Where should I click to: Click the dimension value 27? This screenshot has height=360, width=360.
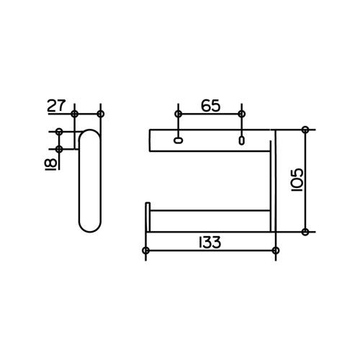pos(56,106)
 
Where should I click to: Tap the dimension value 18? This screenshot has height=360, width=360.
pos(51,164)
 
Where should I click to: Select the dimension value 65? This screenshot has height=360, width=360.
pos(210,106)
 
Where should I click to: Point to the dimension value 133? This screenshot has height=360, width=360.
pos(210,243)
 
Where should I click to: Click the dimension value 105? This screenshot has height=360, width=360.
pos(297,179)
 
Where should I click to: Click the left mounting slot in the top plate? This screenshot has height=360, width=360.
pos(178,140)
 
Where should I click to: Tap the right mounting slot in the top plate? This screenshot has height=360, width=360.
pos(242,140)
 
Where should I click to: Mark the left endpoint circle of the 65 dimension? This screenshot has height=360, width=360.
pos(178,114)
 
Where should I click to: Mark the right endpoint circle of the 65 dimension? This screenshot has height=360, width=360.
pos(242,114)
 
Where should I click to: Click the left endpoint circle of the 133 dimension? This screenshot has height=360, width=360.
pos(145,251)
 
